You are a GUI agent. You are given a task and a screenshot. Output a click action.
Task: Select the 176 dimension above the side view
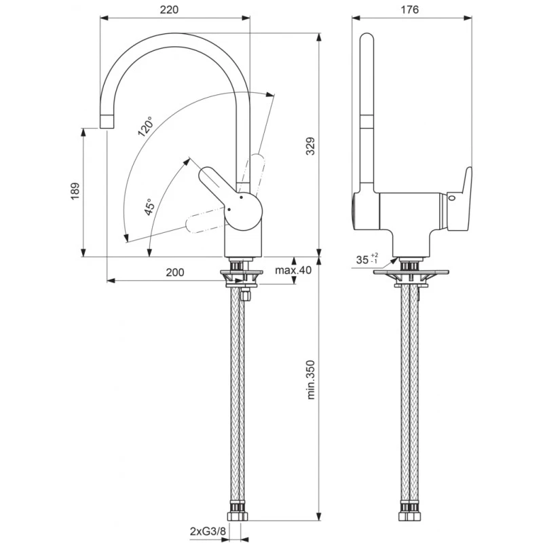pyautogui.click(x=410, y=10)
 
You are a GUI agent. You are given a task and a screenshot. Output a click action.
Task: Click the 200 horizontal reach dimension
pyautogui.click(x=174, y=272)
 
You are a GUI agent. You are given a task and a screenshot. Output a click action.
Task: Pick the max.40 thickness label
pyautogui.click(x=293, y=270)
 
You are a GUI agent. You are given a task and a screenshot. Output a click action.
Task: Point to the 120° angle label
pyautogui.click(x=145, y=126)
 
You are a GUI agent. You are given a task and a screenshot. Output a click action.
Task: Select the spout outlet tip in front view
pyautogui.click(x=107, y=121)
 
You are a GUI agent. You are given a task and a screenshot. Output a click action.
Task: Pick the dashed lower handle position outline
pyautogui.click(x=204, y=221)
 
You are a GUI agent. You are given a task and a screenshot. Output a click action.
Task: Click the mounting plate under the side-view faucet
pyautogui.click(x=411, y=273)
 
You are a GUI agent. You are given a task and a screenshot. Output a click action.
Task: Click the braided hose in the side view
pyautogui.click(x=409, y=394)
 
